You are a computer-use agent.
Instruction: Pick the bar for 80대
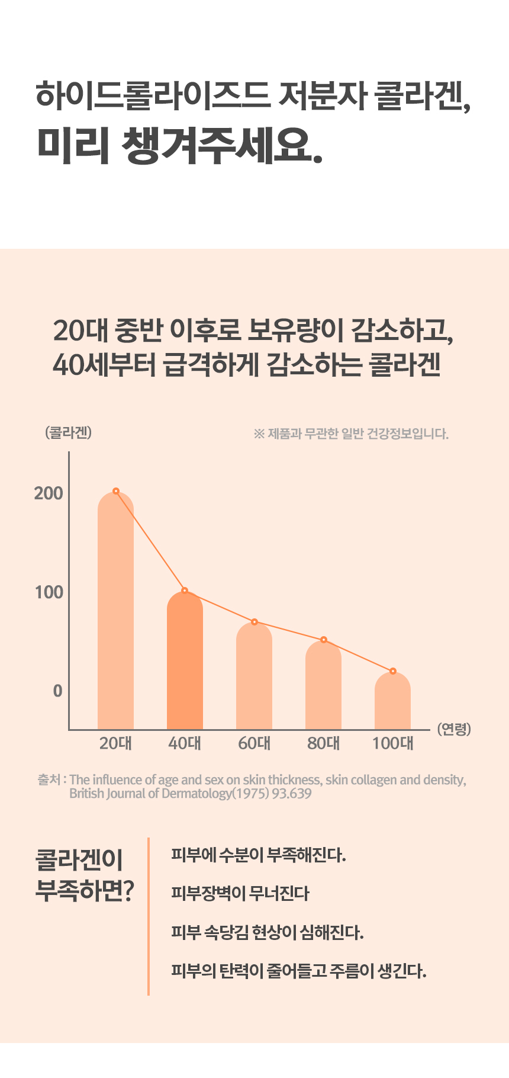coord(323,687)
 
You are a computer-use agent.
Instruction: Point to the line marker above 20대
coord(116,491)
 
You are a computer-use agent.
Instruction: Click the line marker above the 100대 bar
coord(393,671)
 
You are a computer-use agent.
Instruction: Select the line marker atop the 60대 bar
coord(254,622)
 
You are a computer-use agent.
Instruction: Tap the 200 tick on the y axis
coord(49,493)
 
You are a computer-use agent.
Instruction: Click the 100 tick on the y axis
coord(49,592)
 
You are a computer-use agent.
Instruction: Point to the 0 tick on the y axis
coord(57,691)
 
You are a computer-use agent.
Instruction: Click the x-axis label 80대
coord(323,743)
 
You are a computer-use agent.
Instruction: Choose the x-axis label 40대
coord(185,743)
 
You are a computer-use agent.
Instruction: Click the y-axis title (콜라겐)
coord(68,433)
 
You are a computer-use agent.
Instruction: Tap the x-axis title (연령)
coord(454,729)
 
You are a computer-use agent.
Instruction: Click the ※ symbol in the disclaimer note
coord(259,434)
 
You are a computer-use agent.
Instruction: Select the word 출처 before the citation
coord(49,779)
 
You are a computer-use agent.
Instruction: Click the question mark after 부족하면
coord(128,891)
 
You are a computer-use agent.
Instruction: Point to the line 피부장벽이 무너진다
coord(240,893)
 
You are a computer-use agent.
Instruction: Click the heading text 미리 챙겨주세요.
coord(180,145)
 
